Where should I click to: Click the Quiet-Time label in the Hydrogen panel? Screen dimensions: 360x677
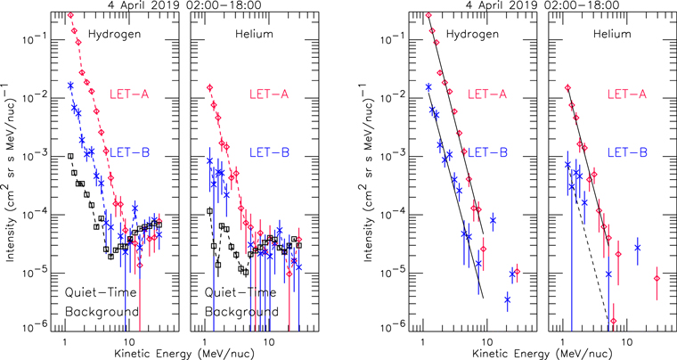101,291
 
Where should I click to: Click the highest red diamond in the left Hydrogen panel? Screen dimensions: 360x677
70,15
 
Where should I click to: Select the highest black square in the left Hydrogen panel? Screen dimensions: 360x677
71,156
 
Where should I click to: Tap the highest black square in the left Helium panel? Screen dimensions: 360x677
210,210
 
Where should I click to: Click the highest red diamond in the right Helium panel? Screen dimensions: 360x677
567,87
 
